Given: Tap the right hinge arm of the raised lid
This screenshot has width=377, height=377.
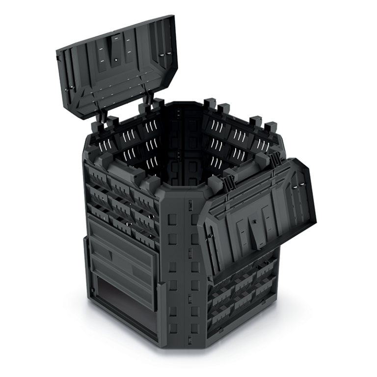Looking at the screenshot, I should pyautogui.click(x=146, y=100).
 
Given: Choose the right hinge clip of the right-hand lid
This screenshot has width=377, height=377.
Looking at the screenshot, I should pyautogui.click(x=275, y=160).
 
